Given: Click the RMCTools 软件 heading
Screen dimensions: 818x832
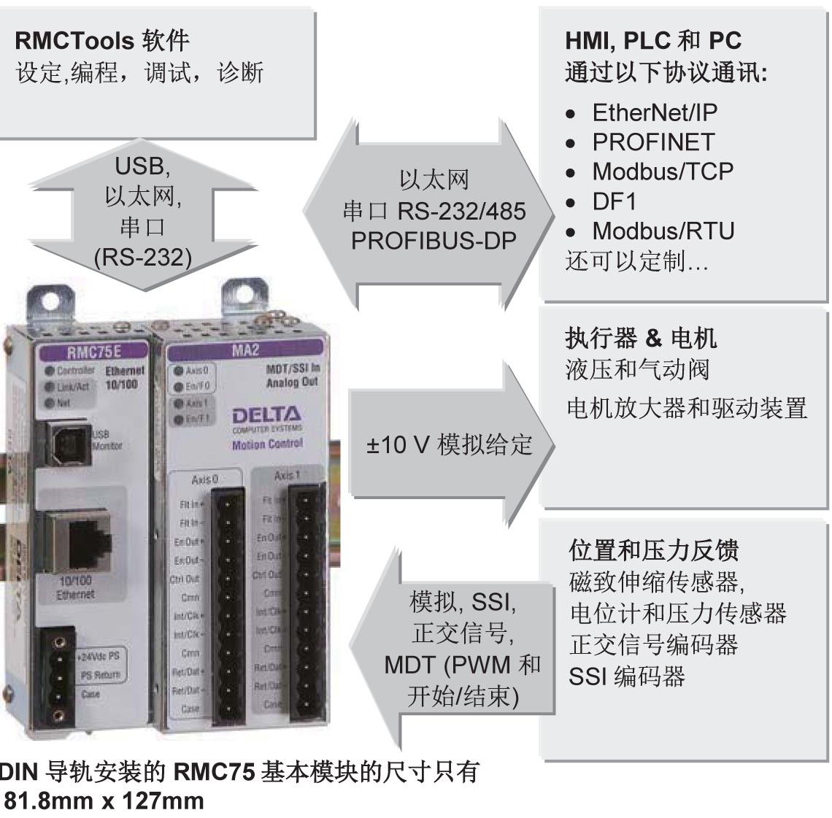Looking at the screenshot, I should click(x=102, y=40).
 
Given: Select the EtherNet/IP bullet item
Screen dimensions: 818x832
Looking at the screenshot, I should click(x=654, y=112).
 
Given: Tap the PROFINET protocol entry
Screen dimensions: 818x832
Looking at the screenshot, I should click(x=652, y=142).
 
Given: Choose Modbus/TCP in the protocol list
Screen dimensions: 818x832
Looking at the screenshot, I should click(x=662, y=171).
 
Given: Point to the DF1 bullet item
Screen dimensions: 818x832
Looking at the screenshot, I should click(x=615, y=201).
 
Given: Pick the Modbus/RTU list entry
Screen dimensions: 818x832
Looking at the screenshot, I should click(x=663, y=231).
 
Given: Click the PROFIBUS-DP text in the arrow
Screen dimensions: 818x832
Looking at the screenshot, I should click(x=434, y=241).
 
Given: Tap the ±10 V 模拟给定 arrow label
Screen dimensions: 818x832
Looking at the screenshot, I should click(x=450, y=444).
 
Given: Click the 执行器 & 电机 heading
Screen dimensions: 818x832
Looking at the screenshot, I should click(x=641, y=338).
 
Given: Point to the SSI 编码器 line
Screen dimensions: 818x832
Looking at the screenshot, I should click(x=626, y=676).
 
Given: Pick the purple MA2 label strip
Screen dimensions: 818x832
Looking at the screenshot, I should click(x=245, y=350).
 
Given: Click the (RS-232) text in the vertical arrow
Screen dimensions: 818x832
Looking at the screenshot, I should click(x=143, y=257).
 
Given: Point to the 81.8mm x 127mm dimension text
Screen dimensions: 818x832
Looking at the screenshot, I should click(x=104, y=800).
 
